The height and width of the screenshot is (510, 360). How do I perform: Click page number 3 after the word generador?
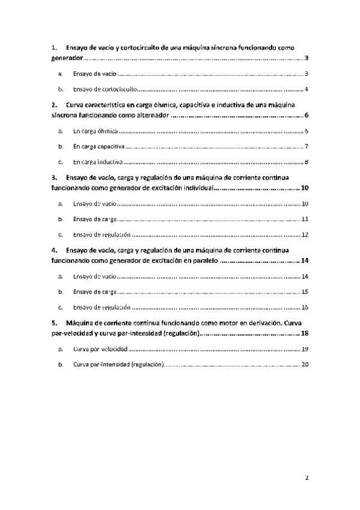point(307,60)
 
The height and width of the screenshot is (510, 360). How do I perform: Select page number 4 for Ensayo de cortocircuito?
point(307,89)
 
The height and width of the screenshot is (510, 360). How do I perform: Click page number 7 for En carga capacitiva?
point(307,146)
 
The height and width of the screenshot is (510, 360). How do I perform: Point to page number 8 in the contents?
point(307,162)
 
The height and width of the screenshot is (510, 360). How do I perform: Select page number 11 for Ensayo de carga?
point(305,220)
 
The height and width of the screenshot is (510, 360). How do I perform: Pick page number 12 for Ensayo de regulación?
point(305,235)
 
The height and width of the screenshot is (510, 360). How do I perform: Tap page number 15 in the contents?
point(305,292)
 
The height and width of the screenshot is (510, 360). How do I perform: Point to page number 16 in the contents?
point(305,307)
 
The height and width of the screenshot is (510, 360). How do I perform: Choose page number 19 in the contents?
point(305,349)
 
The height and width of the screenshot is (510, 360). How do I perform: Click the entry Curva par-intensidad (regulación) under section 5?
point(118,364)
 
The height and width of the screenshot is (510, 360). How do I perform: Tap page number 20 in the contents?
point(305,364)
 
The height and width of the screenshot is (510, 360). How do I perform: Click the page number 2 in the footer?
point(307,478)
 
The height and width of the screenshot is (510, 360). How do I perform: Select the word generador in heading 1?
point(66,60)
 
